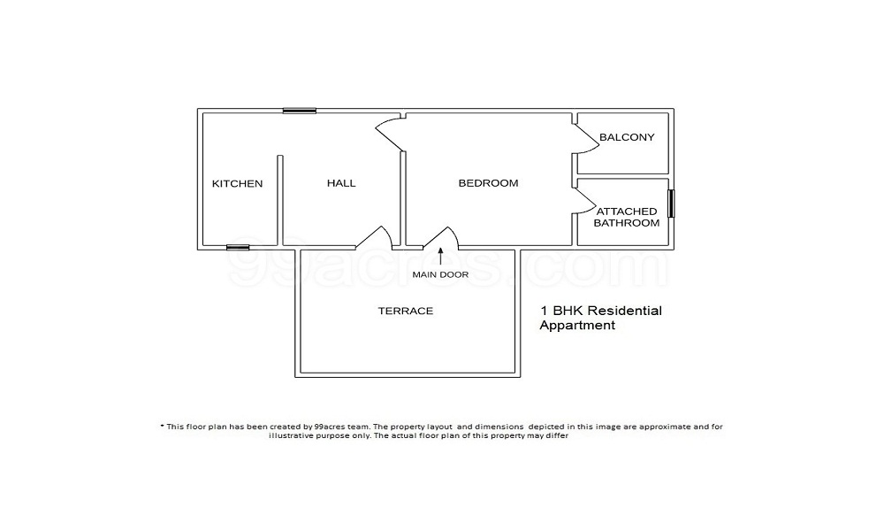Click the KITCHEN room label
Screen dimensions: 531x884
click(237, 184)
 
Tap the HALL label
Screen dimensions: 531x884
click(341, 183)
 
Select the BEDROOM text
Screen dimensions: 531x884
click(488, 183)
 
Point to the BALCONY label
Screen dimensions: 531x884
click(626, 137)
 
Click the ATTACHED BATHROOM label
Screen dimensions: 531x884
click(626, 217)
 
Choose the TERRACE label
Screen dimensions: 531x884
click(406, 311)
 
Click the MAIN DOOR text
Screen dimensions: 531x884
click(440, 274)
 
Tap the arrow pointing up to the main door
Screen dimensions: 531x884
click(440, 258)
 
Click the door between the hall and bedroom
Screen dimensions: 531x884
click(390, 133)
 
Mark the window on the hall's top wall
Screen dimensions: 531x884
click(300, 111)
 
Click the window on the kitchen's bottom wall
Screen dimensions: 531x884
click(238, 248)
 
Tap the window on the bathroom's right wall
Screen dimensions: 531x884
click(671, 204)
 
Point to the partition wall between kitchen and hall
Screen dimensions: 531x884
click(280, 200)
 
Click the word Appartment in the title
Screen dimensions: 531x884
click(577, 326)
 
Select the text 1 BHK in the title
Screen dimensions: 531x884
click(561, 312)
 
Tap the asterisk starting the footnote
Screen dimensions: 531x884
click(163, 426)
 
